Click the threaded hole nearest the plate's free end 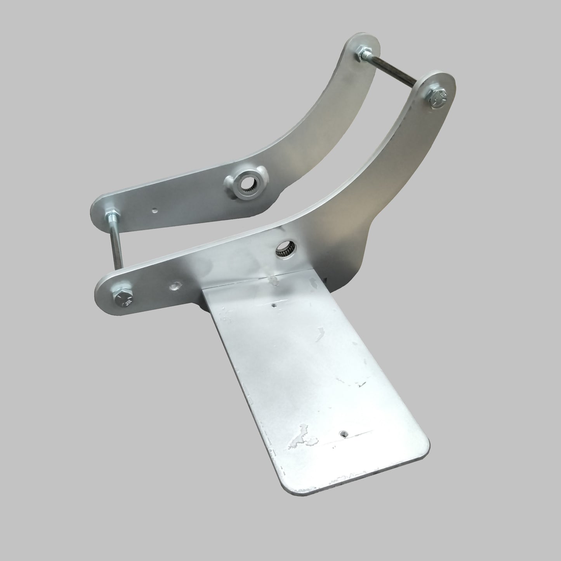pos(343,432)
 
